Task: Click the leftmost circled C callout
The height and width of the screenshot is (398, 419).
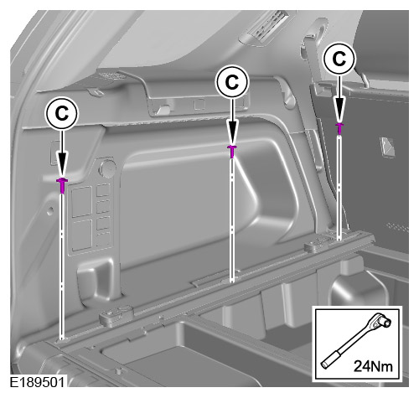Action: (61, 113)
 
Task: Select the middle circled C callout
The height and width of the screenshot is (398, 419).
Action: (232, 81)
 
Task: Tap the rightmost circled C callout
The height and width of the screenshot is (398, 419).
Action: (339, 59)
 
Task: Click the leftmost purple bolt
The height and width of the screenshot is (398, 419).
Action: (62, 185)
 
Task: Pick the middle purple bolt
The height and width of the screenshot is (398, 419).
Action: (232, 151)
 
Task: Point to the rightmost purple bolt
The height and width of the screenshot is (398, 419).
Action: (339, 128)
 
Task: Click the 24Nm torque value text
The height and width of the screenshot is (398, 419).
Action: (373, 366)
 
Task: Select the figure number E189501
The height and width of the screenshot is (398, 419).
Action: (37, 382)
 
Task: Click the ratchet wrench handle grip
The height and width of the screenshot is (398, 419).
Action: (330, 359)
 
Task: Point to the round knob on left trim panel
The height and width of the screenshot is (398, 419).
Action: (107, 168)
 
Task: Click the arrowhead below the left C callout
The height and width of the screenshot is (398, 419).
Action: (62, 164)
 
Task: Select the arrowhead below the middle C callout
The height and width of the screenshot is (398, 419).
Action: (232, 132)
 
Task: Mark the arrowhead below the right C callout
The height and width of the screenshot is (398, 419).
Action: (339, 110)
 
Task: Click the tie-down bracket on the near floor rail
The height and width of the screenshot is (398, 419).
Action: (116, 315)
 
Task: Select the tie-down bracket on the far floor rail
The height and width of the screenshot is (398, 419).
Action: (318, 244)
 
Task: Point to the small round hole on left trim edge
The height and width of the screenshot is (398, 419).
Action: (49, 210)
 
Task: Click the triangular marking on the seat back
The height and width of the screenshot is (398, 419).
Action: (387, 146)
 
